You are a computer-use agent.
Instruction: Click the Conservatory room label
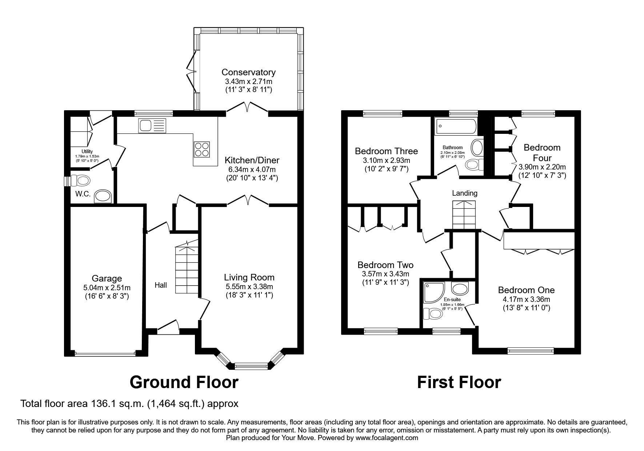coord(248,72)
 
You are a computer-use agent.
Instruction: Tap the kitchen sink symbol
coord(152,125)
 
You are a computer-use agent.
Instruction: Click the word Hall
coord(161,285)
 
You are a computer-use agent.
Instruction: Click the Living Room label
coord(249,278)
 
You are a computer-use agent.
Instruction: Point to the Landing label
coord(464,193)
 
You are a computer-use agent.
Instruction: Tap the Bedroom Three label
coord(386,151)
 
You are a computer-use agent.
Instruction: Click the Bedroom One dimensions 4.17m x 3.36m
coord(526,299)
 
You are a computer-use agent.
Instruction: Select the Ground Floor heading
coord(184,382)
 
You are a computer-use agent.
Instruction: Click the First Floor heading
coord(459,382)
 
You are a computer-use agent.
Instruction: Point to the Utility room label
coord(87,151)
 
